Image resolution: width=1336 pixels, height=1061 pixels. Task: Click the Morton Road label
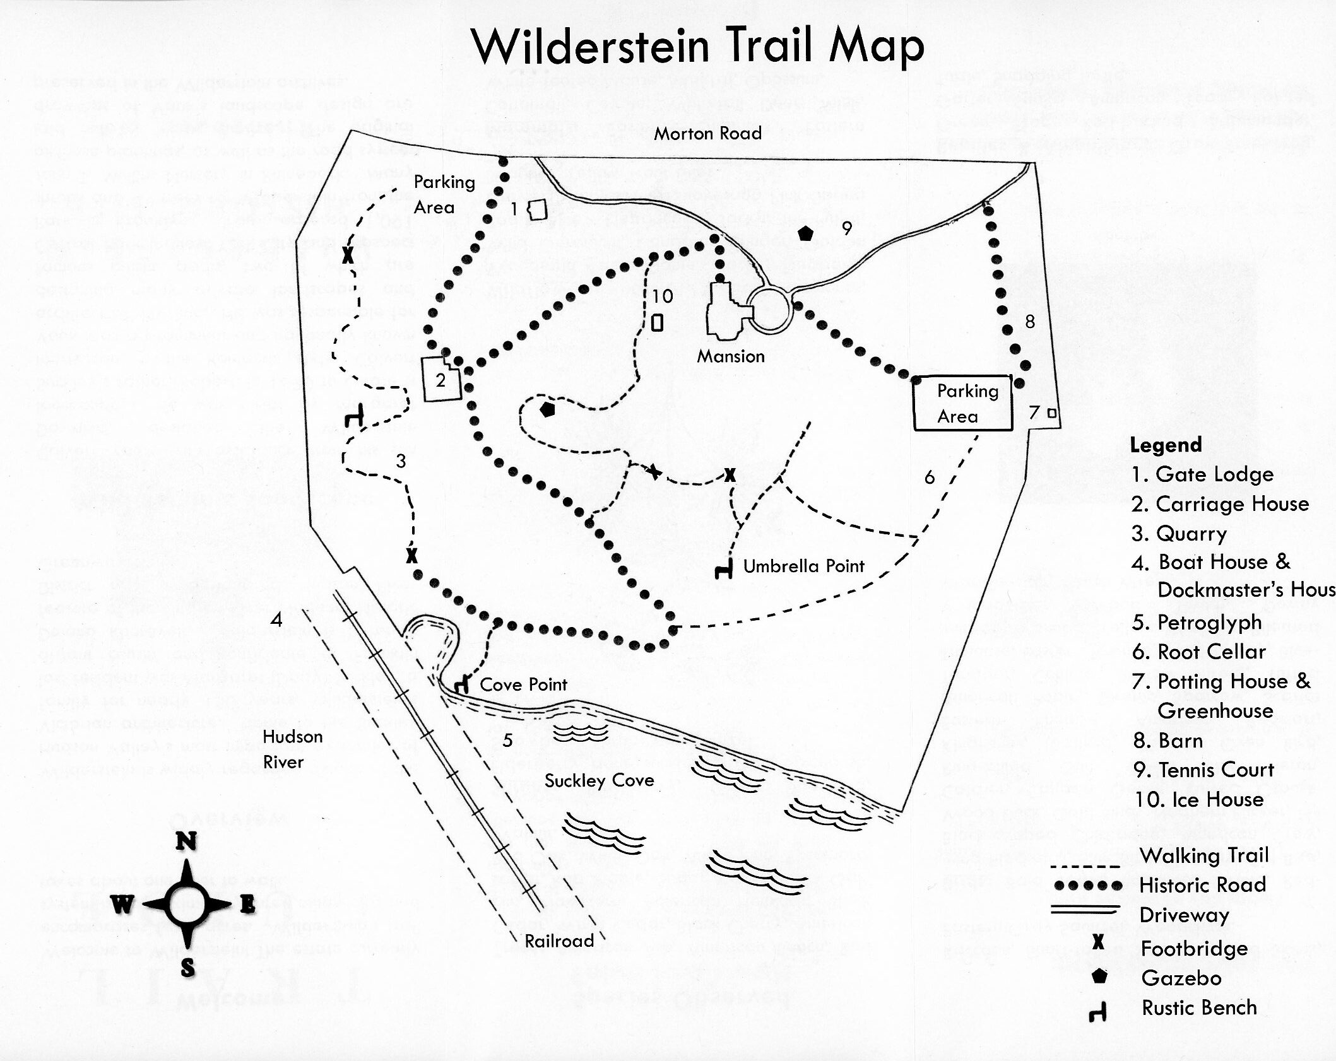[x=707, y=134]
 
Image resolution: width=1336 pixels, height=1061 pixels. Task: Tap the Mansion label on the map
[x=730, y=356]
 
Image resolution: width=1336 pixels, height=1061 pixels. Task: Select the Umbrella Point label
[x=803, y=566]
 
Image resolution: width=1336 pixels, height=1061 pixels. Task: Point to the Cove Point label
[x=523, y=684]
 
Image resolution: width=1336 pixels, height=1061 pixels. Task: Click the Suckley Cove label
[x=599, y=780]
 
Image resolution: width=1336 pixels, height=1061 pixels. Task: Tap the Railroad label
[x=559, y=941]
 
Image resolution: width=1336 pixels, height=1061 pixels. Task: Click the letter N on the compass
[x=186, y=841]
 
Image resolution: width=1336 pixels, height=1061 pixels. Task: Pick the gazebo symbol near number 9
[x=805, y=233]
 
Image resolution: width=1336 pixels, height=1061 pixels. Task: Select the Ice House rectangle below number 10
[x=657, y=322]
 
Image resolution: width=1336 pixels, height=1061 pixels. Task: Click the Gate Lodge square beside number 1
[x=537, y=209]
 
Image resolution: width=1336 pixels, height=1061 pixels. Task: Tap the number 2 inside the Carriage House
[x=440, y=380]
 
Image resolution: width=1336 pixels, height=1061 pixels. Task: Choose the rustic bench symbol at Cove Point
[x=462, y=686]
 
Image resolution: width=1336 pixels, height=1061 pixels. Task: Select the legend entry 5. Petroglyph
[x=1197, y=623]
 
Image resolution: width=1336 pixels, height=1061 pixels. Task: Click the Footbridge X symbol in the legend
[x=1099, y=942]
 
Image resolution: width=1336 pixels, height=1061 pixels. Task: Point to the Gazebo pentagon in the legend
[x=1099, y=976]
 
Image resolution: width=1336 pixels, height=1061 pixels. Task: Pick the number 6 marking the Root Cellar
[x=929, y=478]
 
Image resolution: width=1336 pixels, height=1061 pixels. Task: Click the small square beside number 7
[x=1051, y=413]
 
